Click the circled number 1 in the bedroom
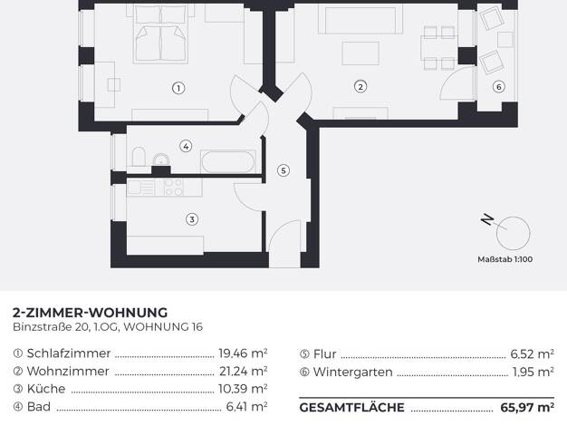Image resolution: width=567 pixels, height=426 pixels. click(178, 88)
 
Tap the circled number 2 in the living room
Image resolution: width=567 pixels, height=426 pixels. click(360, 86)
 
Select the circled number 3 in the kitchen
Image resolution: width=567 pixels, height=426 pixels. click(192, 219)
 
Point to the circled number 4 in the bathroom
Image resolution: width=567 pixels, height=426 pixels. click(186, 146)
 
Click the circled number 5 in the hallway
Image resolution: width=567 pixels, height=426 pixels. click(283, 170)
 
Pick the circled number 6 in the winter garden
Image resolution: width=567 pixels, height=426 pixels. click(499, 86)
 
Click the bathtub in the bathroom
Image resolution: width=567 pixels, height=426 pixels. click(228, 161)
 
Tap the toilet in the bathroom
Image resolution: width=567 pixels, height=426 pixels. click(139, 157)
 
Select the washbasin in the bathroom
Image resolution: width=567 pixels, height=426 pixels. click(161, 160)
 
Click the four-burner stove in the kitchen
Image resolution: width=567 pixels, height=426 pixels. click(174, 187)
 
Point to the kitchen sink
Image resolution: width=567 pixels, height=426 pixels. click(137, 188)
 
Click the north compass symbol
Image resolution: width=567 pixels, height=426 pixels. click(507, 230)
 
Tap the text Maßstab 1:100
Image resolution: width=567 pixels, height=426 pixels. click(505, 259)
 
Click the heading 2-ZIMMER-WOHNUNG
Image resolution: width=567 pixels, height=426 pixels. click(90, 313)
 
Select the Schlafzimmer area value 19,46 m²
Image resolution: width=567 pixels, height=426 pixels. click(243, 353)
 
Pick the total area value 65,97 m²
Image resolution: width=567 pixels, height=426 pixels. click(527, 407)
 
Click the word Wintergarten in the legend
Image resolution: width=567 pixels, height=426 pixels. click(353, 373)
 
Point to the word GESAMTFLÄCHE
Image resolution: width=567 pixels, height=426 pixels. click(351, 407)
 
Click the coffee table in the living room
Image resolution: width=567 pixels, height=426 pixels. click(360, 53)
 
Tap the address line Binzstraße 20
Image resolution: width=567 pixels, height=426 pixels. click(51, 327)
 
